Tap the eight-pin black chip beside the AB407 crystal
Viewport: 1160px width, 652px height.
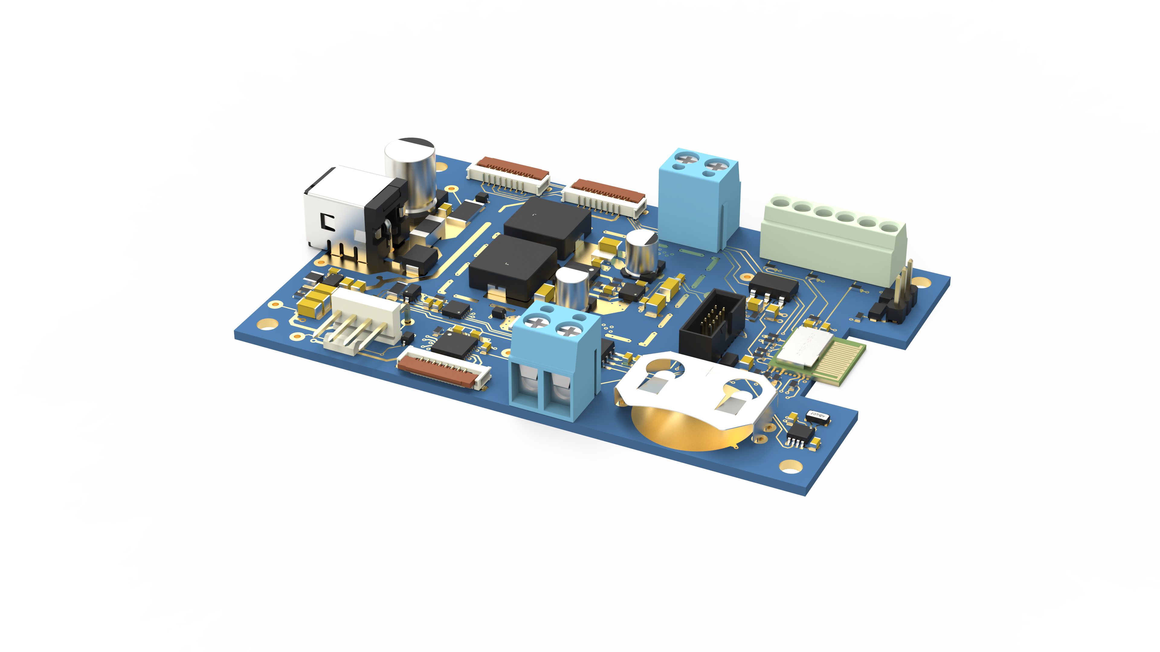click(800, 435)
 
